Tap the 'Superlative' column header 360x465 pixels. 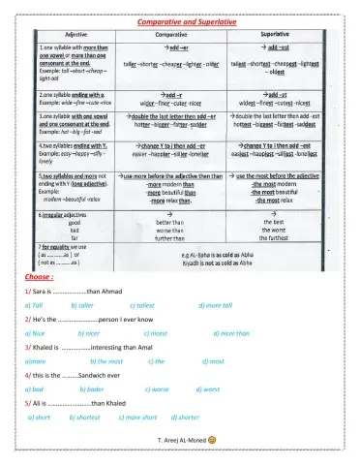click(x=281, y=32)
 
